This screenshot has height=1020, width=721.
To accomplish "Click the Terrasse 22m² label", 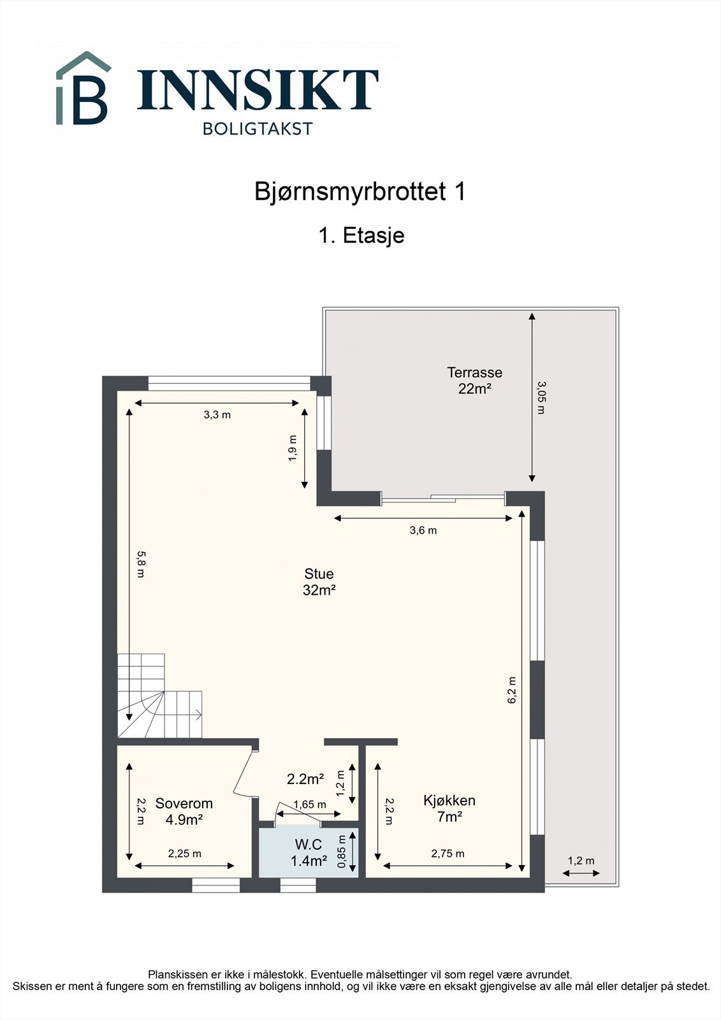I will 474,380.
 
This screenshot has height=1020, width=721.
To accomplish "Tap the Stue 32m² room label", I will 319,582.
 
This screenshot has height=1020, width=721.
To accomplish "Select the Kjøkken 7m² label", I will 449,808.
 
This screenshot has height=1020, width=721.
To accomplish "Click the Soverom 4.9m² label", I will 184,812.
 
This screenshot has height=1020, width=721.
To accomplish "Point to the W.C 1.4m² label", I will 309,853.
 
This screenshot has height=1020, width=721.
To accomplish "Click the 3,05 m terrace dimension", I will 541,397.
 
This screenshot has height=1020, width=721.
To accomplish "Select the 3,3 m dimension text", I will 217,415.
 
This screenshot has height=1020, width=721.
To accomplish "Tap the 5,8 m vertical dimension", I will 141,564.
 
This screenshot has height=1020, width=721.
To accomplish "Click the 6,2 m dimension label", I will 511,690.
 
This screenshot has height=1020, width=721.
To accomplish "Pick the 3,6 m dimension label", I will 423,530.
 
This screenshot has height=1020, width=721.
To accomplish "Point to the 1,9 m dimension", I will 293,448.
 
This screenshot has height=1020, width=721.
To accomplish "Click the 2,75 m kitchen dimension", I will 448,854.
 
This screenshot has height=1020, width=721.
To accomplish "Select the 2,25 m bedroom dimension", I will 184,854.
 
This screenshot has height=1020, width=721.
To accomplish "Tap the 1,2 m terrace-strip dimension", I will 581,861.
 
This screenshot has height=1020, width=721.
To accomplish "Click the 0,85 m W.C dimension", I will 342,852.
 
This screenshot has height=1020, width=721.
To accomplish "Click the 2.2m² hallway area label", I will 305,779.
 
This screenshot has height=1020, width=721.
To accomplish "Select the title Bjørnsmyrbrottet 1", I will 360,192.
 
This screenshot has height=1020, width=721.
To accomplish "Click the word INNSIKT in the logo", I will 258,90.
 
